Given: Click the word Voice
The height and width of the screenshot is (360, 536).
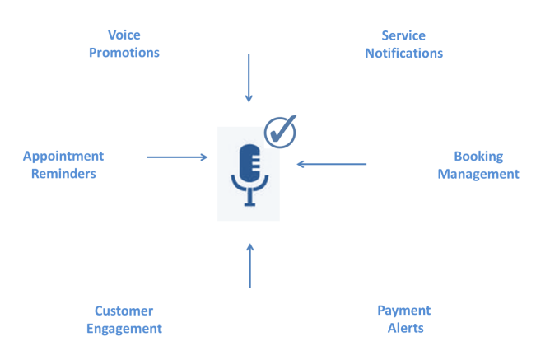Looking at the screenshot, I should pyautogui.click(x=124, y=35).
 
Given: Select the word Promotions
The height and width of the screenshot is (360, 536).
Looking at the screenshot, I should pyautogui.click(x=124, y=53).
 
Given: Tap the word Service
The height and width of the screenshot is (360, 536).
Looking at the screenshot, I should pyautogui.click(x=403, y=35).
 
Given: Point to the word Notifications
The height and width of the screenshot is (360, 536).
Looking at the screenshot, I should pyautogui.click(x=403, y=54).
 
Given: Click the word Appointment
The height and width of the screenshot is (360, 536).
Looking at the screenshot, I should pyautogui.click(x=63, y=156).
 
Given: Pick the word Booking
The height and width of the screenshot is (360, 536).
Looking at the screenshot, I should pyautogui.click(x=478, y=156).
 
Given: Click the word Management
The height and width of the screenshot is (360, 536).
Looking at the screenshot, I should pyautogui.click(x=478, y=174).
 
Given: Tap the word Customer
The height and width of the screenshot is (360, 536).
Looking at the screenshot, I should pyautogui.click(x=124, y=311).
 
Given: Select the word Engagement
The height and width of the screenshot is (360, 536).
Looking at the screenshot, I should pyautogui.click(x=124, y=329).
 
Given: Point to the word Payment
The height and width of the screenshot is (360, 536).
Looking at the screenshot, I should pyautogui.click(x=404, y=310).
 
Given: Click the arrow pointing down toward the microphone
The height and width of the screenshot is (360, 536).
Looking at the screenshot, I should pyautogui.click(x=249, y=78).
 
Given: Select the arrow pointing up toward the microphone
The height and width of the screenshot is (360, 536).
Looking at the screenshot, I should pyautogui.click(x=250, y=265).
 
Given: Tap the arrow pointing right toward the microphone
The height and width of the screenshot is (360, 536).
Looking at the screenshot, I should pyautogui.click(x=177, y=156).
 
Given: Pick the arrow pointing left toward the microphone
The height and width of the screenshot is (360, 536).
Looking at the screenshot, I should pyautogui.click(x=332, y=164).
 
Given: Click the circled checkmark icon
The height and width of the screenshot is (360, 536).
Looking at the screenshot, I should pyautogui.click(x=280, y=132).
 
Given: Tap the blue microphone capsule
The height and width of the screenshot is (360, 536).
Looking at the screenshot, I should pyautogui.click(x=249, y=164).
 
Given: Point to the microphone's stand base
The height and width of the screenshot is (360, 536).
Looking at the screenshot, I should pyautogui.click(x=249, y=203).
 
